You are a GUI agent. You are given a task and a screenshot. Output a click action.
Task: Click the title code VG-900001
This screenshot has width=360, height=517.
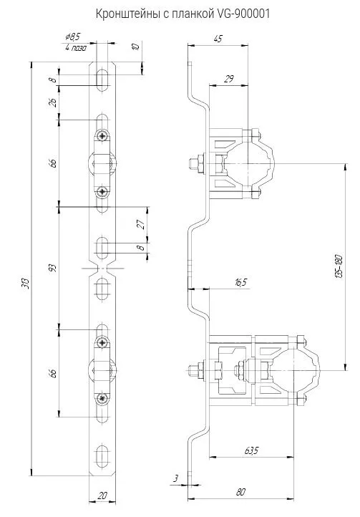click(x=243, y=14)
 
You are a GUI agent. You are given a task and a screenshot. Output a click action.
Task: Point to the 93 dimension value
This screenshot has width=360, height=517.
click(x=53, y=267)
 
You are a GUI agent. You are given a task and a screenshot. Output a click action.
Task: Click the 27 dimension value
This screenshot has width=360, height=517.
click(x=141, y=224)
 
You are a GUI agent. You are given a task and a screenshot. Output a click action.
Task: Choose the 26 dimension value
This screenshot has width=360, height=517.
click(x=53, y=102)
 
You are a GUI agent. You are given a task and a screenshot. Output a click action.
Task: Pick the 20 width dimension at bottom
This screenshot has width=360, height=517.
click(x=102, y=496)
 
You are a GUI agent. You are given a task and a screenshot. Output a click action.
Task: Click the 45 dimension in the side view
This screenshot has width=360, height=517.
click(x=218, y=38)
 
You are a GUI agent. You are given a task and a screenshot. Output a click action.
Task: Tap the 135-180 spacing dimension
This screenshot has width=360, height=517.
click(x=339, y=266)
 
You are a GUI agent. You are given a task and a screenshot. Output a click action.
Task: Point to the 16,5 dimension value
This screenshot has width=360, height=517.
click(x=241, y=282)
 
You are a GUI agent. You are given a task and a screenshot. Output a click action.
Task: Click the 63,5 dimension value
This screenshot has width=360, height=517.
click(x=251, y=450)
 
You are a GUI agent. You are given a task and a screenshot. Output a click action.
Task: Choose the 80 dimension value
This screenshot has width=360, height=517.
click(x=240, y=492)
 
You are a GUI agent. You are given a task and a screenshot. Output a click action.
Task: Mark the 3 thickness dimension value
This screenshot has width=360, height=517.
click(x=176, y=478)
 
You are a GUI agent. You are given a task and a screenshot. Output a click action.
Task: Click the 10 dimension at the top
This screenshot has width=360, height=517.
click(x=136, y=46)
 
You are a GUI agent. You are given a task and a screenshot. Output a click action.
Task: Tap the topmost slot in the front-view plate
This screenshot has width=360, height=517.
click(x=103, y=80)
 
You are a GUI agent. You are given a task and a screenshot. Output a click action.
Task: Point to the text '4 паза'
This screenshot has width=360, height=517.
click(x=76, y=48)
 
